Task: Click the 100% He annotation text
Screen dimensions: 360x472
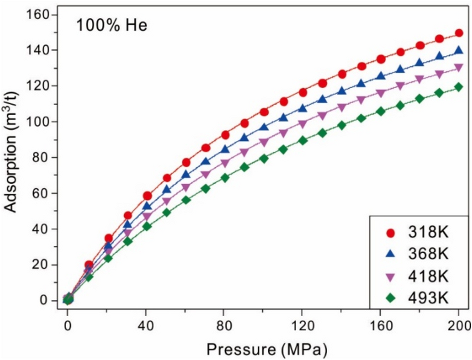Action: tap(111, 25)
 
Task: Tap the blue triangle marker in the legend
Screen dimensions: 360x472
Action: tap(391, 254)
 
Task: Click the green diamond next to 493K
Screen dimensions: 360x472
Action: tap(391, 298)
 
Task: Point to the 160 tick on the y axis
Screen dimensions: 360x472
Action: tap(42, 14)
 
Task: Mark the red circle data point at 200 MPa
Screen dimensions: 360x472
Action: tap(459, 33)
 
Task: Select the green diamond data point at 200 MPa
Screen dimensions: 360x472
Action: tap(459, 87)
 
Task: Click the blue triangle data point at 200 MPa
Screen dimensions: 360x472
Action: tap(459, 51)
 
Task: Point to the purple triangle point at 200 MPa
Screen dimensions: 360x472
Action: tap(459, 68)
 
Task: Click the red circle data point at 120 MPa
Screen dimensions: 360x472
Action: tap(302, 92)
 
